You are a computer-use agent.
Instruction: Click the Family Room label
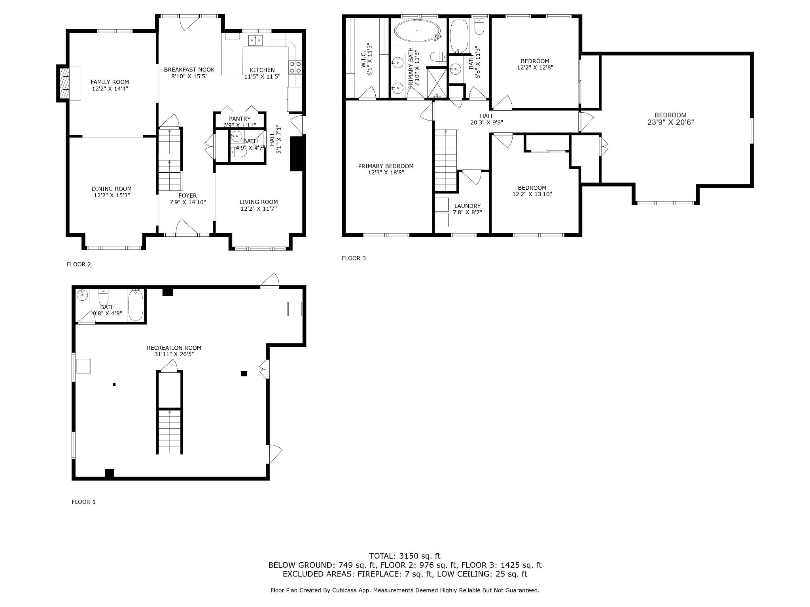click(x=110, y=82)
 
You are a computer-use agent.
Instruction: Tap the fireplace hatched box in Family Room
click(x=64, y=83)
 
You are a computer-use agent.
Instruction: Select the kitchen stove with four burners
click(x=295, y=67)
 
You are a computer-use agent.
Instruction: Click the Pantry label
click(x=240, y=119)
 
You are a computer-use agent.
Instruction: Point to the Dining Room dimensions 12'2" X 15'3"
click(x=112, y=195)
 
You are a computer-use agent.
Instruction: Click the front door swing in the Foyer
click(x=186, y=227)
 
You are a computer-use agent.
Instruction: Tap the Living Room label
click(x=259, y=202)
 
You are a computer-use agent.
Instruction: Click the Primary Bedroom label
click(x=386, y=166)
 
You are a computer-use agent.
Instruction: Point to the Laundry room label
click(x=467, y=206)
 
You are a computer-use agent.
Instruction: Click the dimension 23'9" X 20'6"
click(x=670, y=123)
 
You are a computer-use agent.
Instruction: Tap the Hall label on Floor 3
click(x=486, y=116)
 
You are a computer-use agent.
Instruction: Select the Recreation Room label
click(x=174, y=348)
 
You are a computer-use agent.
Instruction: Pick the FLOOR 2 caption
click(x=79, y=264)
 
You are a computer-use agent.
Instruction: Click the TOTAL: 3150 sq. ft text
click(x=405, y=556)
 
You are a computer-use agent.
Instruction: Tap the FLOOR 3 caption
click(x=354, y=258)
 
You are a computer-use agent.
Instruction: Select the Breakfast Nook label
click(x=189, y=70)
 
